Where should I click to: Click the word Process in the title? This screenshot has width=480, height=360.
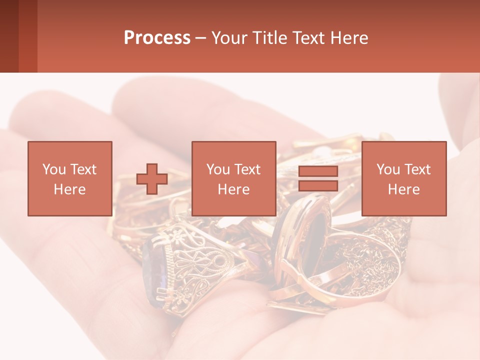coord(157,38)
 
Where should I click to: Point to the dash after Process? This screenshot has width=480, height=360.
coord(200,38)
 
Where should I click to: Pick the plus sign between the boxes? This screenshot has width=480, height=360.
coord(152,179)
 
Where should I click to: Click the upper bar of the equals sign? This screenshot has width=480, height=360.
coord(318,171)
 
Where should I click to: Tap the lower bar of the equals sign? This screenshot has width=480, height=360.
coord(318,186)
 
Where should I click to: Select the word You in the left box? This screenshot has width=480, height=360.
coord(53,169)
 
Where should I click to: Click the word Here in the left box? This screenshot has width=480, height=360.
coord(69,189)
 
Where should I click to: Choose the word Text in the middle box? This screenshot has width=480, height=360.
coord(247,169)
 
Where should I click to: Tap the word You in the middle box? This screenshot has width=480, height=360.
coord(218,169)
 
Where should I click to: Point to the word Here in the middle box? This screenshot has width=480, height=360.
coord(233,189)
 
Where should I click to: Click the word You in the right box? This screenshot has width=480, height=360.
coord(388,169)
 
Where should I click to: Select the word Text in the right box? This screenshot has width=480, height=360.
coord(417,169)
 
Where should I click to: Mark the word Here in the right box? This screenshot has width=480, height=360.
coord(403,189)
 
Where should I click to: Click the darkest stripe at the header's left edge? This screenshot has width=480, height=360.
coord(9,36)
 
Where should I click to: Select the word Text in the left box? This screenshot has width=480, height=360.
coord(82,169)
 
